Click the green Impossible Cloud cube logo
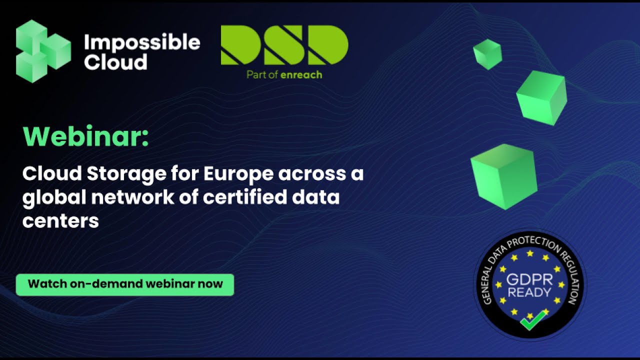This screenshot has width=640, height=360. click(x=42, y=51)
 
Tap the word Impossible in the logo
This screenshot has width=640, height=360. click(x=142, y=43)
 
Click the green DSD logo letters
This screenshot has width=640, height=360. click(x=284, y=45)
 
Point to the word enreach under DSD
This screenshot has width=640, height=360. click(x=301, y=75)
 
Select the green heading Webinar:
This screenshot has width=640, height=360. click(x=85, y=136)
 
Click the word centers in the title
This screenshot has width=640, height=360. click(x=60, y=220)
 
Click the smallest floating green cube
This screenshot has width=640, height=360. click(x=487, y=53)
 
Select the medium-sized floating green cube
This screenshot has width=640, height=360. click(x=541, y=97)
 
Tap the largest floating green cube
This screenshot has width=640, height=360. click(x=503, y=175)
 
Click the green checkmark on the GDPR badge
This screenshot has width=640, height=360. click(x=532, y=320)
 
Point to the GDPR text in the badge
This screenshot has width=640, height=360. click(x=529, y=279)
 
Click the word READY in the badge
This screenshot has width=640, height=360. click(x=529, y=292)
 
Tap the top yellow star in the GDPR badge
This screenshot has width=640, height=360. click(x=530, y=254)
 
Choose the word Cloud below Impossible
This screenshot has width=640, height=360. click(x=115, y=62)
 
